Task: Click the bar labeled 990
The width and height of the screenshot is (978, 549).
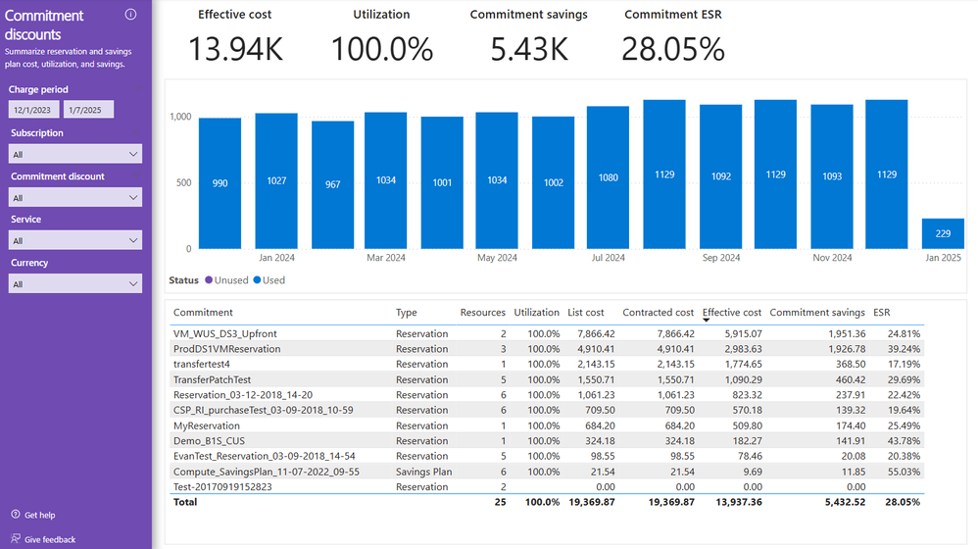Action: pyautogui.click(x=220, y=183)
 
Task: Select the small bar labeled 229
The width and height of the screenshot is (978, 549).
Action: pyautogui.click(x=943, y=233)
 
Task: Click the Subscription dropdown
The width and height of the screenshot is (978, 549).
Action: pyautogui.click(x=75, y=154)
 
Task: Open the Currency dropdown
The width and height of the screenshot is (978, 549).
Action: pyautogui.click(x=75, y=284)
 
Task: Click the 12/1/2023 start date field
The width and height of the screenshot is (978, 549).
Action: pyautogui.click(x=33, y=110)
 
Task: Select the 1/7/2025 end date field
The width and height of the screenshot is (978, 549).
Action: pyautogui.click(x=88, y=110)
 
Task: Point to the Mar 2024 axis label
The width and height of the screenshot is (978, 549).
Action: pyautogui.click(x=385, y=258)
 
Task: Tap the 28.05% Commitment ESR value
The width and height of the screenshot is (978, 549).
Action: pyautogui.click(x=672, y=50)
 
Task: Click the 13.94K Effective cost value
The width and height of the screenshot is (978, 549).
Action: pyautogui.click(x=235, y=50)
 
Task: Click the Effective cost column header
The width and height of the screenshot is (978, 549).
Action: pyautogui.click(x=732, y=313)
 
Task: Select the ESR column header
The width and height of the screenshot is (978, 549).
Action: pyautogui.click(x=882, y=313)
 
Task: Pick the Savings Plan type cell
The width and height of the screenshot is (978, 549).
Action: pyautogui.click(x=423, y=472)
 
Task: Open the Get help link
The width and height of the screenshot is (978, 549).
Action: pyautogui.click(x=39, y=516)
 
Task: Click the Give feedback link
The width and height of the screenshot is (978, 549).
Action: pyautogui.click(x=49, y=539)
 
